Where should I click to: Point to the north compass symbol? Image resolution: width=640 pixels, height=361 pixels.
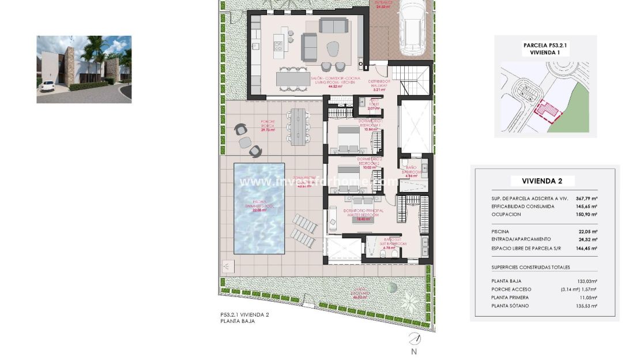click(413, 339)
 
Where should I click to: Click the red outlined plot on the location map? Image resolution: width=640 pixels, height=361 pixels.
click(547, 111)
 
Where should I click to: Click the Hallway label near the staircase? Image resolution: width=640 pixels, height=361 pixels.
click(379, 84)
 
